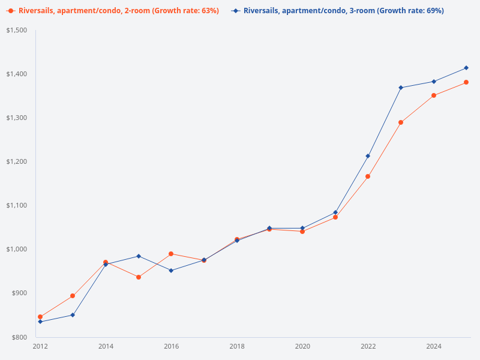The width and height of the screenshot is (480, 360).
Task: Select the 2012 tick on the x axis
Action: pyautogui.click(x=40, y=346)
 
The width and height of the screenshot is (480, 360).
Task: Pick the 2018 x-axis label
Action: pyautogui.click(x=237, y=346)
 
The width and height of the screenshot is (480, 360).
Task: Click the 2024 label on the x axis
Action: pyautogui.click(x=434, y=346)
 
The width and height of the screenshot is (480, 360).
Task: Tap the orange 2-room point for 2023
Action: pyautogui.click(x=401, y=122)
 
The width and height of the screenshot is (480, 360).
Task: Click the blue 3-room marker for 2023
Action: pyautogui.click(x=401, y=88)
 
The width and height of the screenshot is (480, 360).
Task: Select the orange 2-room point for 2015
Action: pyautogui.click(x=139, y=277)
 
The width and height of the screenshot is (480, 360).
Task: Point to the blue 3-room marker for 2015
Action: pyautogui.click(x=139, y=256)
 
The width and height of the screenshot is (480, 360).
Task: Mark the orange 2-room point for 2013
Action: pyautogui.click(x=73, y=296)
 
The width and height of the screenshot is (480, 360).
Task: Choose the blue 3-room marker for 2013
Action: pyautogui.click(x=73, y=315)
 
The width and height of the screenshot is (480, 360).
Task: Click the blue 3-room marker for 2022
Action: pyautogui.click(x=368, y=156)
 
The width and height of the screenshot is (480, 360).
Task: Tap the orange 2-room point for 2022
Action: pyautogui.click(x=368, y=176)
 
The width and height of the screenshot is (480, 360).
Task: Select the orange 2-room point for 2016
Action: pyautogui.click(x=171, y=254)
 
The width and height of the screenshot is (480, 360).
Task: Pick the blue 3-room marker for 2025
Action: pyautogui.click(x=466, y=68)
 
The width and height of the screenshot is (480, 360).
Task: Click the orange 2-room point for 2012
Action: pyautogui.click(x=40, y=317)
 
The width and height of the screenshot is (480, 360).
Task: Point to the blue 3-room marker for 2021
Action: pyautogui.click(x=335, y=212)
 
